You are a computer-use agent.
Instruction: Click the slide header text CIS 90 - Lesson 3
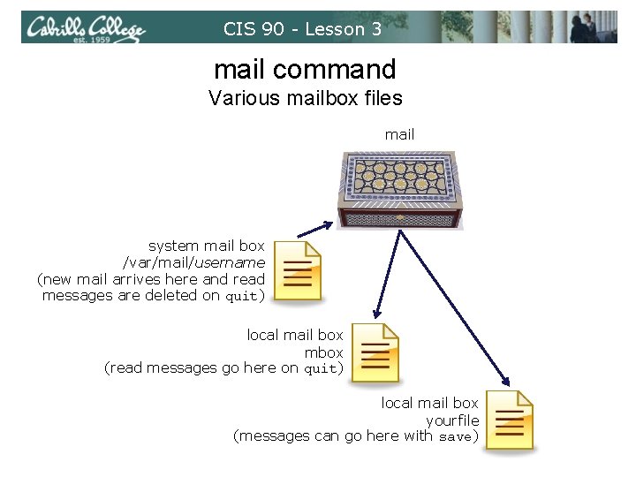pos(302,29)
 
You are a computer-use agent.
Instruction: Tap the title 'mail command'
pos(305,69)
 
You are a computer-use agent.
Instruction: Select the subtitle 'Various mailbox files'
pos(305,98)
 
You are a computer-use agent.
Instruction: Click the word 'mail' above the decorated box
pos(399,135)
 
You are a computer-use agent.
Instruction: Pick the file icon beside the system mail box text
pos(298,270)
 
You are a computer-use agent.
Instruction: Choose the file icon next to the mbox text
pos(375,352)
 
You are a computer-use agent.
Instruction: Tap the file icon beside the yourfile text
pos(511,420)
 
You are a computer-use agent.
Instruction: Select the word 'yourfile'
pos(452,420)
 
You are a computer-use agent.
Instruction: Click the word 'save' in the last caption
pos(455,436)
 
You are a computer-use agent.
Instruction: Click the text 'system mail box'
pos(206,246)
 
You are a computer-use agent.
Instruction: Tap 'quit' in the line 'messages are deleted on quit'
pos(242,297)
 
